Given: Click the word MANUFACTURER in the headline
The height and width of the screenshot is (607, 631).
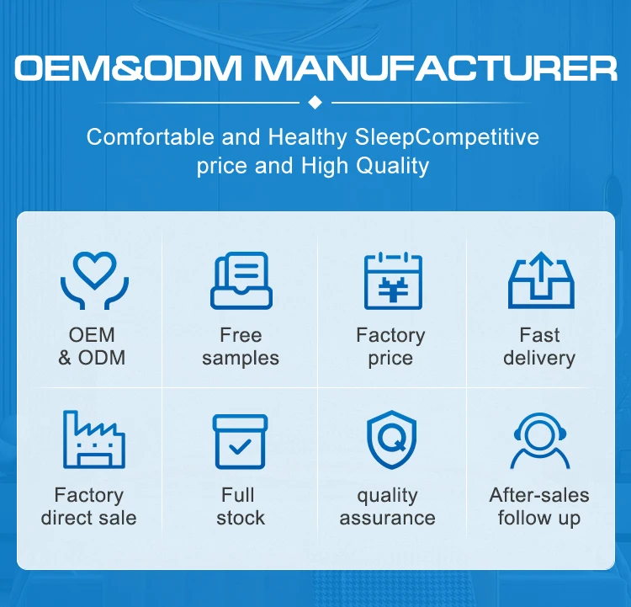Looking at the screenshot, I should [448, 68].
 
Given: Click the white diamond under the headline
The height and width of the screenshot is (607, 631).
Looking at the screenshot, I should [315, 102].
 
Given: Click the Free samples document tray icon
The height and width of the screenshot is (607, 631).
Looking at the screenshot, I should [241, 280].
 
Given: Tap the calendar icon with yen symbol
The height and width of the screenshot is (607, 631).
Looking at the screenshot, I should [390, 280].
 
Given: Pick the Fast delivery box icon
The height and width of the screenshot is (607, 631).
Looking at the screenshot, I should [539, 281].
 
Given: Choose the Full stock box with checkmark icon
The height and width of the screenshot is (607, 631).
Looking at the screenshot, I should [241, 440].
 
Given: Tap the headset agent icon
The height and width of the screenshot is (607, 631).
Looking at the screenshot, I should [539, 439].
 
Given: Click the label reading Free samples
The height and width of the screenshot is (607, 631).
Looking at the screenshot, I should [241, 347].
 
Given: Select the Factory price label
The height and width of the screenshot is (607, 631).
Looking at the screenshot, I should [390, 347].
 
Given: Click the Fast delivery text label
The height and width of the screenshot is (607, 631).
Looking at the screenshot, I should [539, 347].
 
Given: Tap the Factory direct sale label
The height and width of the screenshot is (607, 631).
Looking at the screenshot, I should [89, 506].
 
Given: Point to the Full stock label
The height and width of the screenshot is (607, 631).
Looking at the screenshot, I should [240, 506].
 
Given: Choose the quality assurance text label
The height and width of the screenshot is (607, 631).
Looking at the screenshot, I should [387, 506].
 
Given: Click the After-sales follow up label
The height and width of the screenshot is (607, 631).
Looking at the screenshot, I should [539, 506].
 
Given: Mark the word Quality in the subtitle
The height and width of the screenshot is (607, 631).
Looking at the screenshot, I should [394, 166].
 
